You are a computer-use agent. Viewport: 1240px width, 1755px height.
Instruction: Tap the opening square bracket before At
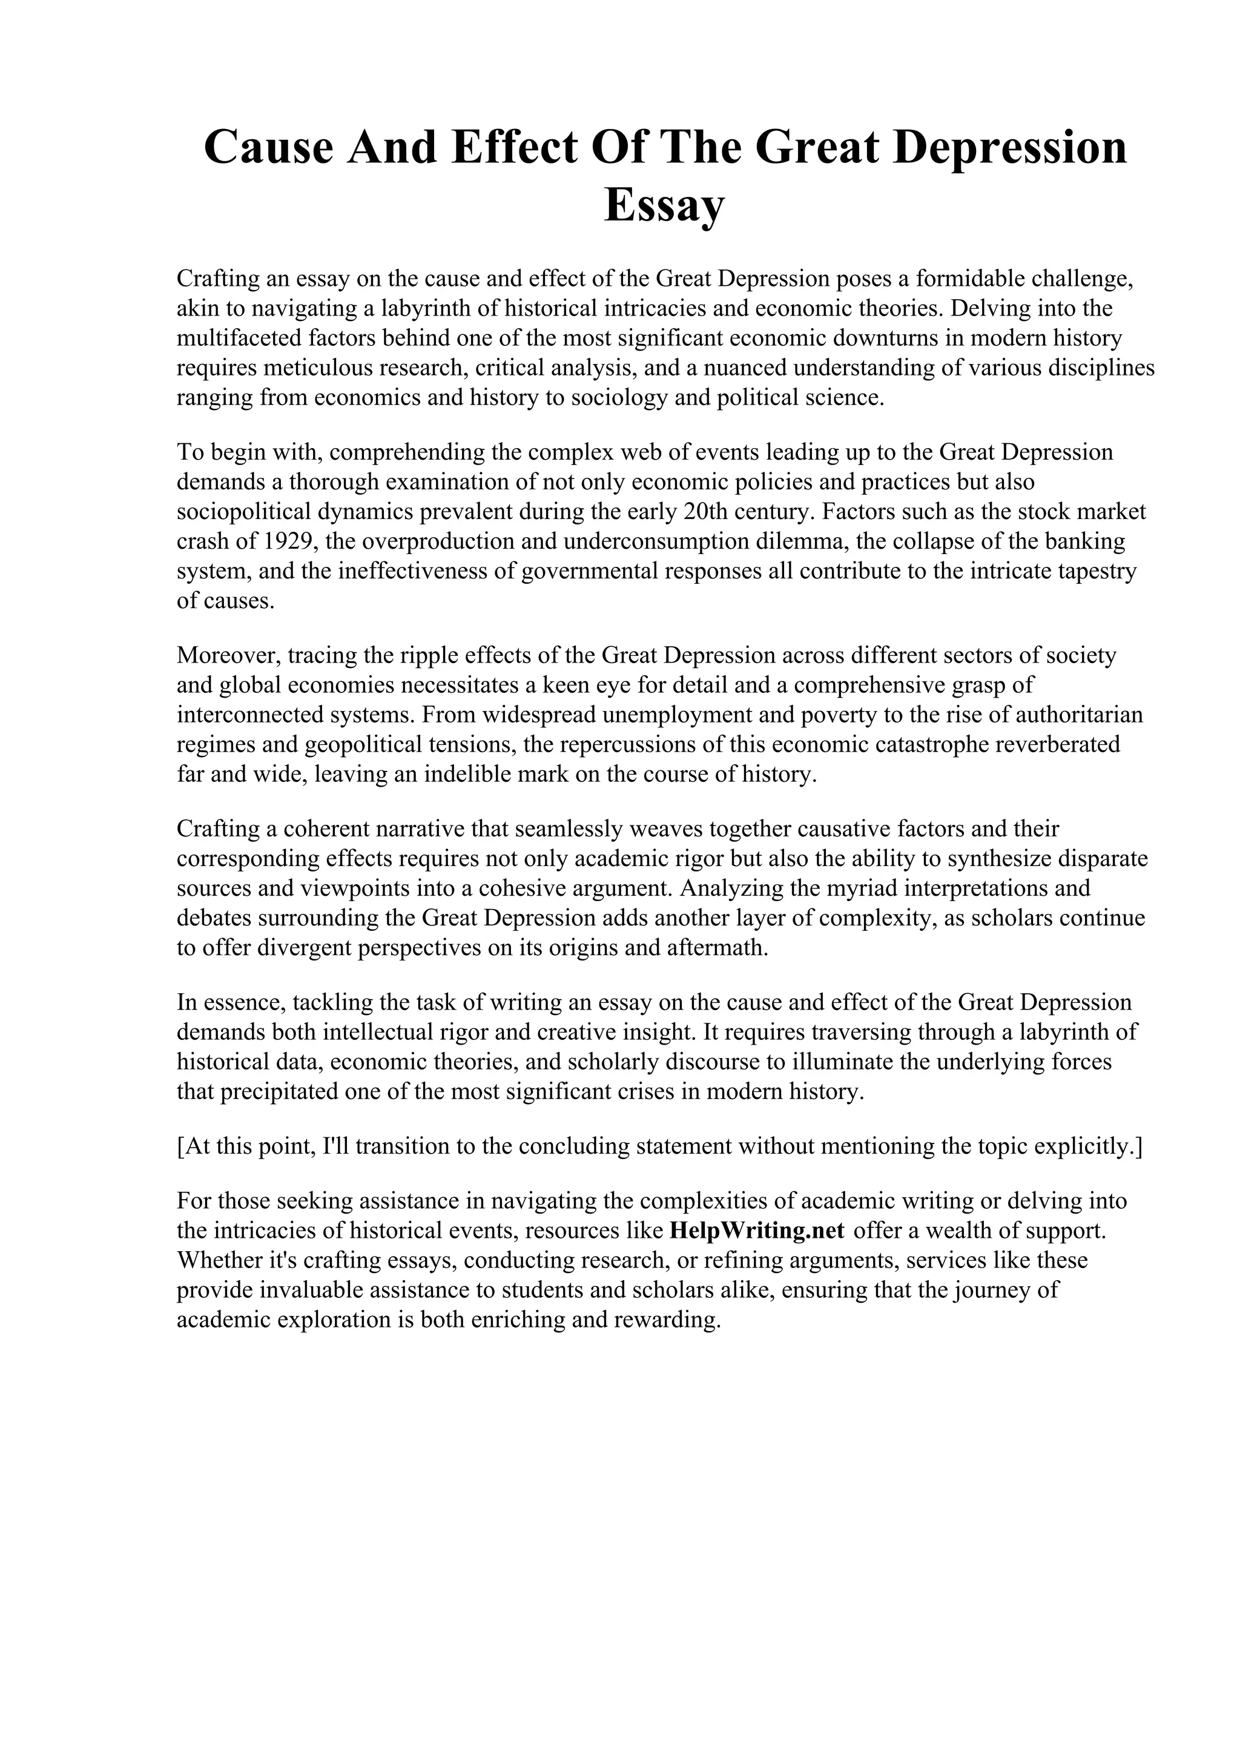pyautogui.click(x=180, y=1146)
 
